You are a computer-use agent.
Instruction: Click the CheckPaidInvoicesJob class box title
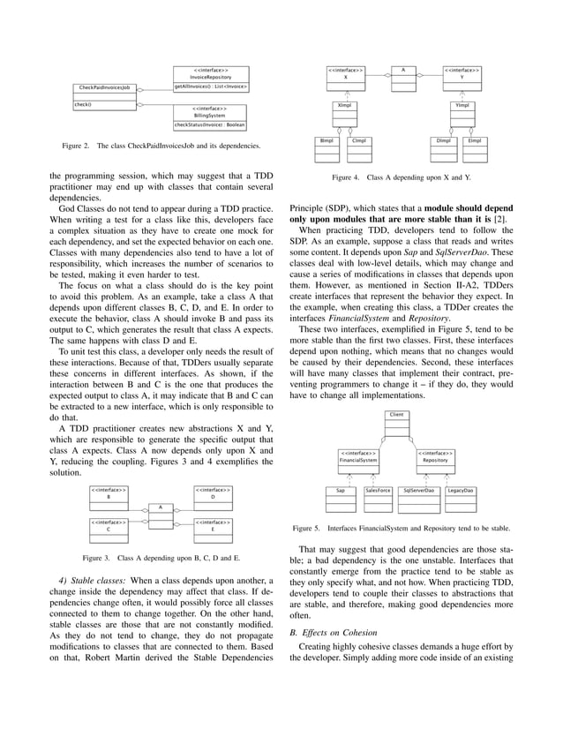[104, 88]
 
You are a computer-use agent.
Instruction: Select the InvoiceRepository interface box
[210, 79]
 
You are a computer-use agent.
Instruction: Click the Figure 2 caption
[160, 146]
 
